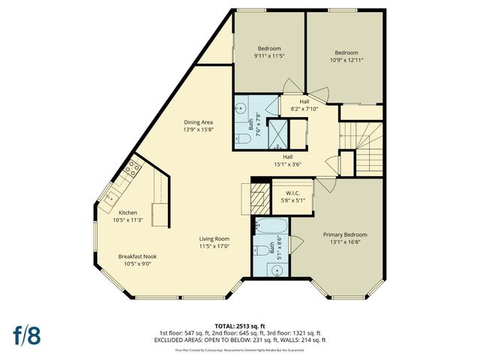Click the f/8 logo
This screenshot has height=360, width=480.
coord(25,335)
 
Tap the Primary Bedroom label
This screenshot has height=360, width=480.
coord(346,235)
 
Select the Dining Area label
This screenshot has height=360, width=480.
coord(199,121)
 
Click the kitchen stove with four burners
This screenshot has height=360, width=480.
coord(133,169)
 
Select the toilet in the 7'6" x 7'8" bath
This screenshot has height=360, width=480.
coord(242,138)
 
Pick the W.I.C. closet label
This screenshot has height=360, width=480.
coord(283,192)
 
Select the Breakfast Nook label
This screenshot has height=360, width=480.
coord(137,256)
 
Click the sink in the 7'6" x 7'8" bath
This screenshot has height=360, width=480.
coord(242,108)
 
